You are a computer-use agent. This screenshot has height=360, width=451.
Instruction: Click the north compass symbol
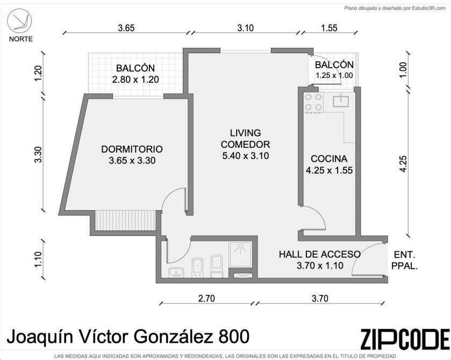pyautogui.click(x=19, y=20)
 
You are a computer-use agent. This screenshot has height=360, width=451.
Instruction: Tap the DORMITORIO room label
pyautogui.click(x=132, y=149)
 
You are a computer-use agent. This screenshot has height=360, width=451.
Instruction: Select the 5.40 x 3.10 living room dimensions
pyautogui.click(x=246, y=156)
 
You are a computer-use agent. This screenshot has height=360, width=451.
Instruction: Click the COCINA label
pyautogui.click(x=329, y=159)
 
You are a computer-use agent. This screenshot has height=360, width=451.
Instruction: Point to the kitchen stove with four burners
pyautogui.click(x=313, y=103)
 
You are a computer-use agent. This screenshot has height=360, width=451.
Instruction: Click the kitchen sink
pyautogui.click(x=341, y=100)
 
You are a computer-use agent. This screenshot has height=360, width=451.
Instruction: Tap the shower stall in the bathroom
pyautogui.click(x=240, y=254)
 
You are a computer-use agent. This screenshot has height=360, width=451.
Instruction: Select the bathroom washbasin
pyautogui.click(x=176, y=272)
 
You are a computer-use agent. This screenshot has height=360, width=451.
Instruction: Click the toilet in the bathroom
pyautogui.click(x=217, y=266)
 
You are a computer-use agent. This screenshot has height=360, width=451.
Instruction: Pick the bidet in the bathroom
pyautogui.click(x=198, y=267)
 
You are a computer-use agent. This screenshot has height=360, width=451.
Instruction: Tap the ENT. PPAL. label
pyautogui.click(x=405, y=261)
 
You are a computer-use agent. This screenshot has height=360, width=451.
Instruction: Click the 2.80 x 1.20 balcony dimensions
pyautogui.click(x=135, y=80)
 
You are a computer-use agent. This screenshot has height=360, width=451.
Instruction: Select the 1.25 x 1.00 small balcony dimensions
pyautogui.click(x=334, y=76)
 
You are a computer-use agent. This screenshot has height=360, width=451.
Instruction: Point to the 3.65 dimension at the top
pyautogui.click(x=126, y=28)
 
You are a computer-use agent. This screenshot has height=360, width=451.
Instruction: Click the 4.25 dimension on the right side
pyautogui.click(x=403, y=164)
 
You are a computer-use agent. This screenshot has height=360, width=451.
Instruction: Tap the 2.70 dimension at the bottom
pyautogui.click(x=206, y=298)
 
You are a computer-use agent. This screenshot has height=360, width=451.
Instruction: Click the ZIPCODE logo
pyautogui.click(x=405, y=339)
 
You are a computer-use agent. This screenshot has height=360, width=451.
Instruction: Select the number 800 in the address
pyautogui.click(x=234, y=336)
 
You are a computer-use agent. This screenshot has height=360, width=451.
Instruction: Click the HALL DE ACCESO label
pyautogui.click(x=320, y=254)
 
